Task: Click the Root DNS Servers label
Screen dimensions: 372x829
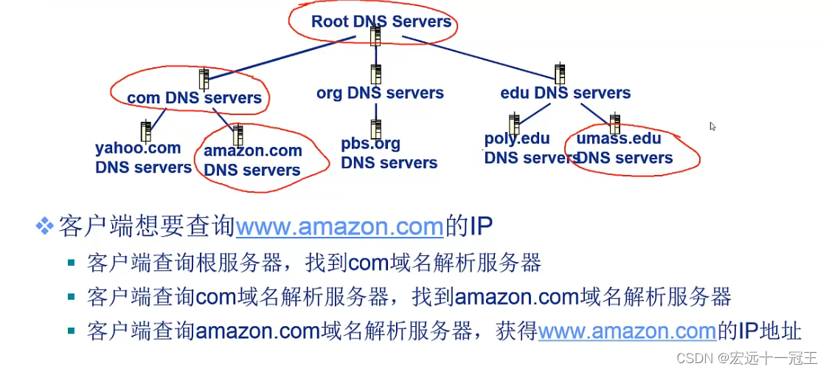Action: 381,21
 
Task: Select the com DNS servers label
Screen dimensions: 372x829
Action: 194,97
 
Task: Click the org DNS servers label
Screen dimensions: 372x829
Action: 380,93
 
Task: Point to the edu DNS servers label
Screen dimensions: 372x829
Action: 565,93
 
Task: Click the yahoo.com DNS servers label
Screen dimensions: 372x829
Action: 143,157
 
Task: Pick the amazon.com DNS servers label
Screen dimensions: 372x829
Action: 253,160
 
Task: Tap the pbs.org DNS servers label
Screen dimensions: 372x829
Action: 389,153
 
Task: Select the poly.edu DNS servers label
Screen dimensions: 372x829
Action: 530,148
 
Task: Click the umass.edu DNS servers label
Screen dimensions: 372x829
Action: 624,148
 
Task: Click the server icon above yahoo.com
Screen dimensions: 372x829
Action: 146,131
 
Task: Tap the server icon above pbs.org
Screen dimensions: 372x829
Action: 376,128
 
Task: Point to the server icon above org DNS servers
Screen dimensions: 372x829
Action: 376,74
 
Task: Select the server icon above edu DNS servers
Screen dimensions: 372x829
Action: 560,74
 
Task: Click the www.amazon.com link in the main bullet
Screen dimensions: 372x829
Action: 339,226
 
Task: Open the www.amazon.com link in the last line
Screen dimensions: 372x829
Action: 627,331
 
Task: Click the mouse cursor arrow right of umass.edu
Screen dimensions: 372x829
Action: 712,126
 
